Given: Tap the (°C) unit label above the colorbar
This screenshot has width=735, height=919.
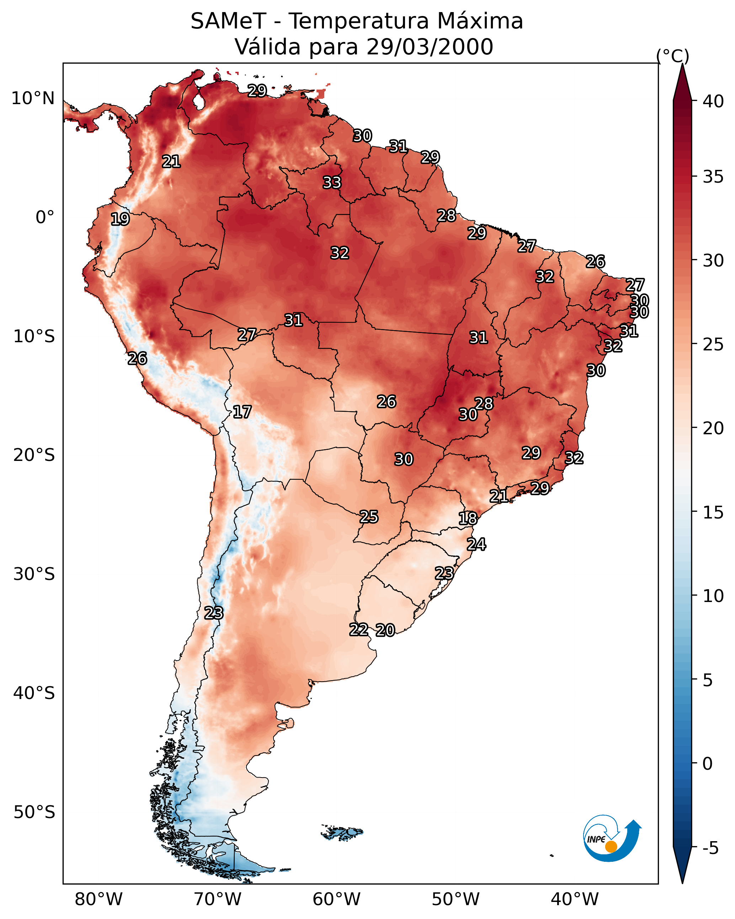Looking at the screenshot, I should coord(672,56).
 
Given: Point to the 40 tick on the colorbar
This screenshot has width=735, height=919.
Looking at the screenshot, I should coord(713,101).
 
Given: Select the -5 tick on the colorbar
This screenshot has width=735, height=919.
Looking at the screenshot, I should coord(710,848).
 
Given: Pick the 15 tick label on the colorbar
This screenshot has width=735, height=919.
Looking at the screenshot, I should coord(713,512).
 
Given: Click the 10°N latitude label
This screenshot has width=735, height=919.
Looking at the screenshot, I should coord(33,98).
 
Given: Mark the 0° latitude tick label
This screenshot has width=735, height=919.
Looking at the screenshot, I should coord(45,217).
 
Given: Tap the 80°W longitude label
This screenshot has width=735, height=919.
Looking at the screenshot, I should coord(98,899).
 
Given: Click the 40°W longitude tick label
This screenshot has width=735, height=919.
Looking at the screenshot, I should coord(575,899).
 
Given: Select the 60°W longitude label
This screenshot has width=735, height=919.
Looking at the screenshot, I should coord(337,899).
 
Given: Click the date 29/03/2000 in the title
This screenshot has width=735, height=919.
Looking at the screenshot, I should coord(430,47).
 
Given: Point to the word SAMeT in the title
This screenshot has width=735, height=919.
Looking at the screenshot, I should coord(228,21).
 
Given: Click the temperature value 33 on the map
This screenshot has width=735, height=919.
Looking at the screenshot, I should coord(332,182).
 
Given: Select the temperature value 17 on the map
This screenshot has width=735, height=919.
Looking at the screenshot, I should coord(242,412).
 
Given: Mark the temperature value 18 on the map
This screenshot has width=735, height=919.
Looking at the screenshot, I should coord(468,518).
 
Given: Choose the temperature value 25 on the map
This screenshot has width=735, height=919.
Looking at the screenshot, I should coord(368,517).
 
